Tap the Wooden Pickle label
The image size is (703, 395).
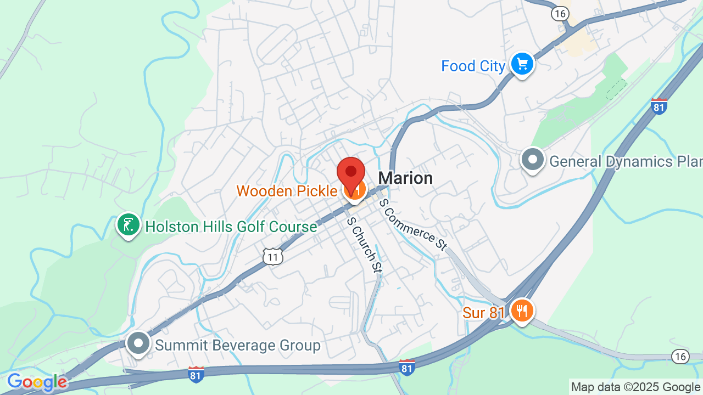(x=287, y=191)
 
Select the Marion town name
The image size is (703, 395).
(x=405, y=178)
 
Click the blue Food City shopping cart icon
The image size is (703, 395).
(x=522, y=65)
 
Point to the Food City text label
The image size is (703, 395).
(x=473, y=66)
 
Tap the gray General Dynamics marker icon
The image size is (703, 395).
(x=532, y=160)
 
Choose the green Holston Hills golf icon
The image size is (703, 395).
(x=129, y=225)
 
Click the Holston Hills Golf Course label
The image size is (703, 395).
(x=231, y=226)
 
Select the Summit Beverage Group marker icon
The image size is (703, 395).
(x=138, y=343)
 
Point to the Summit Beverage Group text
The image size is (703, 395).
(x=237, y=345)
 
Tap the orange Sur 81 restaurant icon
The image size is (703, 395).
(x=521, y=311)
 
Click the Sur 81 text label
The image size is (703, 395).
(x=483, y=313)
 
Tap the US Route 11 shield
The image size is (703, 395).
(x=272, y=256)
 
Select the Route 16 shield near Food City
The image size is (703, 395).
(x=560, y=14)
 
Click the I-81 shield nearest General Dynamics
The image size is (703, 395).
(x=659, y=106)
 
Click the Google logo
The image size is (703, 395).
(x=37, y=382)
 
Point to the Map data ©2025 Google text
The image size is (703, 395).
(x=635, y=387)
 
